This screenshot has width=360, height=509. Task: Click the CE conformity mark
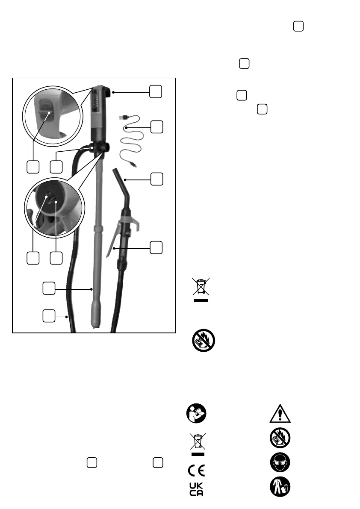[x=196, y=471]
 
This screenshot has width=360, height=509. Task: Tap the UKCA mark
[x=196, y=489]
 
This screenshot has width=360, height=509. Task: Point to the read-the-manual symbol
[x=196, y=413]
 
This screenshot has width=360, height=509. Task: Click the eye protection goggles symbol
[x=280, y=463]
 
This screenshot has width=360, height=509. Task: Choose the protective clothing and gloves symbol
[x=280, y=488]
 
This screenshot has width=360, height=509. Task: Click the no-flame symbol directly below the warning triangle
[x=280, y=438]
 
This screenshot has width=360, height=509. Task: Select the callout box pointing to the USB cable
[x=157, y=127]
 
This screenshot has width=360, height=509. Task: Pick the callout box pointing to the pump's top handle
[x=156, y=91]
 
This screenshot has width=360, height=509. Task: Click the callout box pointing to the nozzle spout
[x=157, y=179]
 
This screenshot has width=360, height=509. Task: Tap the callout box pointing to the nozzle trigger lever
[x=157, y=247]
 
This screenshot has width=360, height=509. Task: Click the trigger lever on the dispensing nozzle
[x=112, y=239]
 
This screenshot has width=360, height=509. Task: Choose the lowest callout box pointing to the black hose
[x=49, y=317]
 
